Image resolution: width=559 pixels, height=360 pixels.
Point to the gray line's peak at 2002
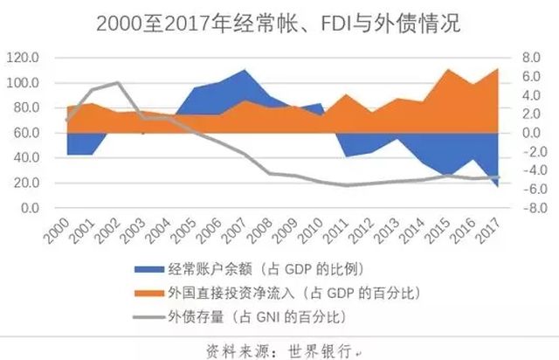118,83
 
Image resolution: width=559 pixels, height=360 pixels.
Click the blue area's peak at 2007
244,70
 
